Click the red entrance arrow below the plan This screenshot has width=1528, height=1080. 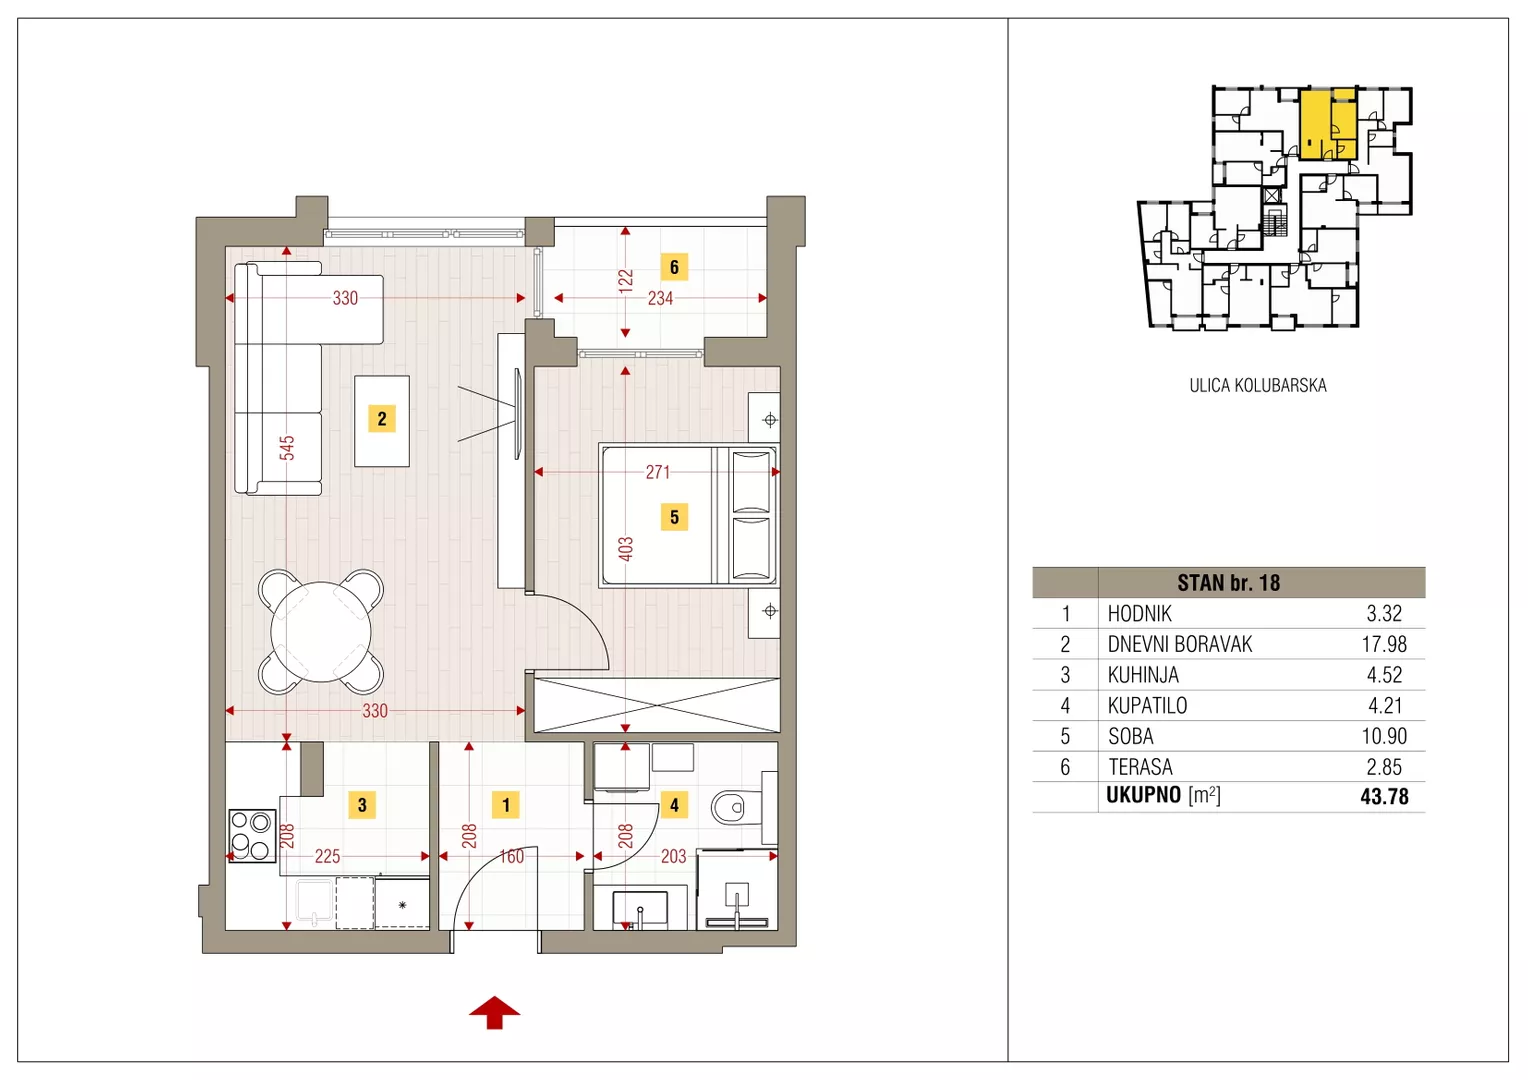click(495, 1012)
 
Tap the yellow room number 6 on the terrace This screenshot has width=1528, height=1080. click(674, 267)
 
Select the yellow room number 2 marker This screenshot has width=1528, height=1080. click(381, 418)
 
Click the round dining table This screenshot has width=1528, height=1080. click(321, 632)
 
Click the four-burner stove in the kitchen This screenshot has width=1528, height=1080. click(252, 836)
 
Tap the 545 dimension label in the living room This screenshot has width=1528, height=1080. click(287, 448)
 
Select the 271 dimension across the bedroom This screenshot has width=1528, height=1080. click(658, 472)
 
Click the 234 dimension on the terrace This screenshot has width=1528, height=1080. click(660, 298)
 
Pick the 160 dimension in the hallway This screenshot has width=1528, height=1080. click(512, 856)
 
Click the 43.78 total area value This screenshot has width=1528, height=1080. click(1384, 796)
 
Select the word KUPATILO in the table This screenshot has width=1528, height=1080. click(1147, 705)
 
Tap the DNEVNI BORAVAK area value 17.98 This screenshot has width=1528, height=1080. click(1384, 644)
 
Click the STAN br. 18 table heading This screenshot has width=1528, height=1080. click(1229, 583)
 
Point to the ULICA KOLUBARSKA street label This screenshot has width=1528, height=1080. click(1258, 385)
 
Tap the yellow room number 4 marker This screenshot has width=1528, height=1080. click(674, 805)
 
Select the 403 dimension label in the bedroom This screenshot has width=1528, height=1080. click(626, 549)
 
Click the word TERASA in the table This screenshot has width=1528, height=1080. click(1140, 767)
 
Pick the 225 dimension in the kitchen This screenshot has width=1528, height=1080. click(327, 856)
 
